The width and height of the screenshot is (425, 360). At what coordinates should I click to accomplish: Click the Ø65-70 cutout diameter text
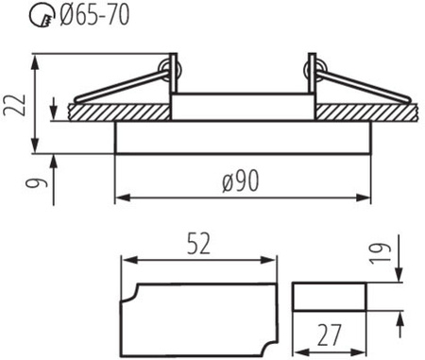coord(94,16)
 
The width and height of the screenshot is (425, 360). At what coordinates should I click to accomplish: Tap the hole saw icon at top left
coord(42,16)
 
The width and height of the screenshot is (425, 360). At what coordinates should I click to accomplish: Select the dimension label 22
coord(15,105)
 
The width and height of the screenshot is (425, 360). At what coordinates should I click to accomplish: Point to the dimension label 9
coord(38,182)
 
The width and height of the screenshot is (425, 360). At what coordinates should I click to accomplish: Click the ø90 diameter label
coord(241,180)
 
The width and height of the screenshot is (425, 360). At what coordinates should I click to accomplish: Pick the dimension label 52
coord(198,244)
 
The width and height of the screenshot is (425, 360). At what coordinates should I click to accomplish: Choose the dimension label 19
coord(381,253)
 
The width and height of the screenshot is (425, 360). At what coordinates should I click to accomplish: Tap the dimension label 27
coord(329,335)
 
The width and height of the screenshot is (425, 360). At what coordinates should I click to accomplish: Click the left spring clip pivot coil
coord(169,70)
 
